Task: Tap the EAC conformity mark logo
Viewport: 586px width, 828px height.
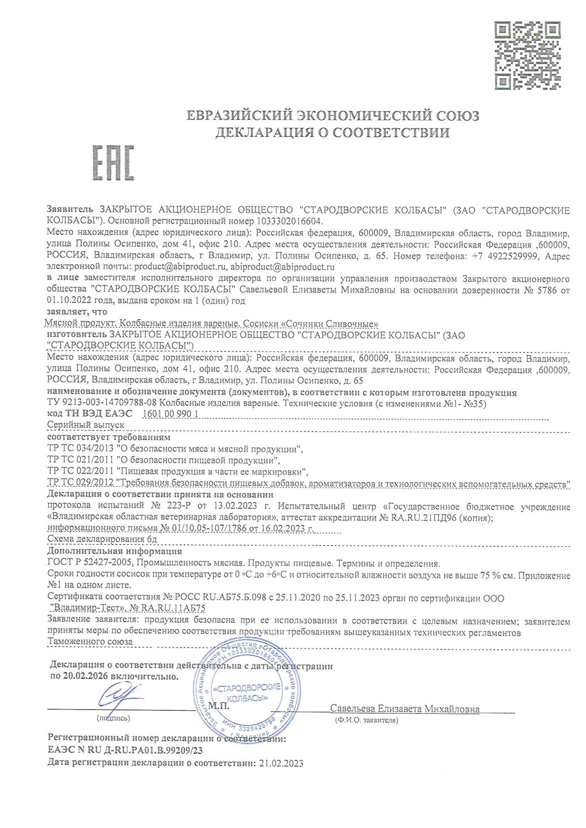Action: pos(114,163)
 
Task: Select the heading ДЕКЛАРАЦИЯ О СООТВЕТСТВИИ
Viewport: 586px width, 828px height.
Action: pos(333,133)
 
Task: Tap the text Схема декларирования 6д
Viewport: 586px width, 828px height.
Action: pos(102,539)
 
